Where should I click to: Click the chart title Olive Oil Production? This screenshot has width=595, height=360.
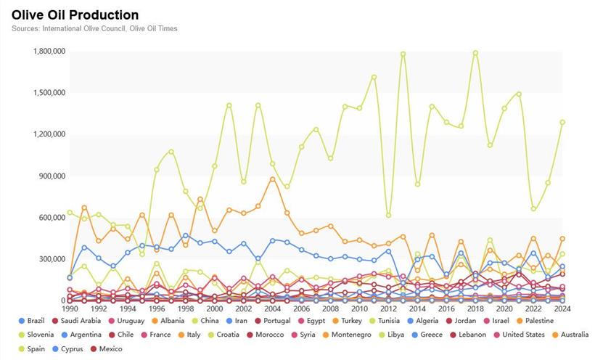coord(75,15)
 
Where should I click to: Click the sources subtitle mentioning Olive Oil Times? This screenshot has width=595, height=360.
coord(94,28)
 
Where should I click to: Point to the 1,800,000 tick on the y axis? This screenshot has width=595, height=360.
coord(49,52)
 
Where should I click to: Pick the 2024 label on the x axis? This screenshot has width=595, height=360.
coord(562,308)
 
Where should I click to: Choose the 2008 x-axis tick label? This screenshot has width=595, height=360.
coord(330,308)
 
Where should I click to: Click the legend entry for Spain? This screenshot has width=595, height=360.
coord(35,349)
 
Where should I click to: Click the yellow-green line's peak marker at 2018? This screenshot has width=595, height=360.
coord(475,53)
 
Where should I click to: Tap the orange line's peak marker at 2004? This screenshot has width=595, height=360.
coord(272,179)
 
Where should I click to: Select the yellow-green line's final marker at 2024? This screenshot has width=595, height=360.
coord(562,122)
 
